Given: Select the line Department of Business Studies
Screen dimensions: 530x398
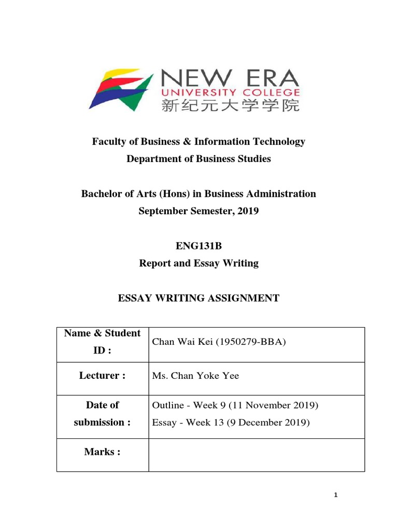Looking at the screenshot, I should click(199, 159).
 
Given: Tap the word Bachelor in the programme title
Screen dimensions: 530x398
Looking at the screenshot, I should click(102, 194).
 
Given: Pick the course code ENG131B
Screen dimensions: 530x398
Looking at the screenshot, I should click(198, 246).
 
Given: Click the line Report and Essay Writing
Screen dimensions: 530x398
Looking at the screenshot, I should click(199, 263).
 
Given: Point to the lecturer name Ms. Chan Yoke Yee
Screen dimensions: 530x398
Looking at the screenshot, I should click(196, 376).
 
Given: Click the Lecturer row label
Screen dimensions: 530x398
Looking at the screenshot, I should click(102, 375).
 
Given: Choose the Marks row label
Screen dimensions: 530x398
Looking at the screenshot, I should click(102, 452).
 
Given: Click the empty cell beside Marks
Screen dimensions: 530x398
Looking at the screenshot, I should click(256, 454).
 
